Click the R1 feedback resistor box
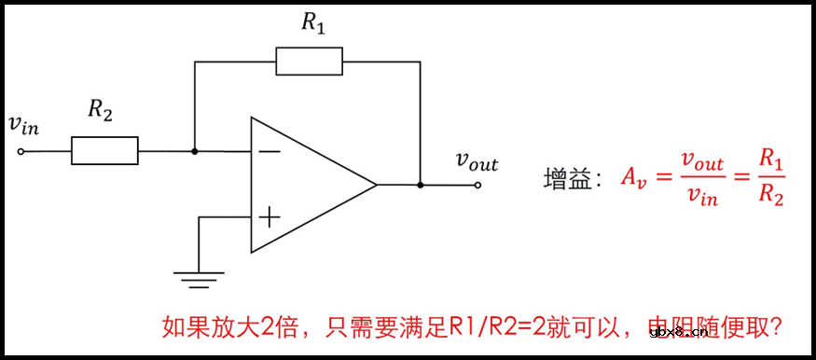tap(310, 62)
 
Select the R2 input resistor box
tap(104, 150)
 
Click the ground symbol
tap(200, 274)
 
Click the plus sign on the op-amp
tap(269, 218)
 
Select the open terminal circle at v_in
tap(21, 150)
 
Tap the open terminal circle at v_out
tap(477, 185)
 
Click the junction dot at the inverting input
tap(194, 150)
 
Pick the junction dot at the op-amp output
tap(421, 185)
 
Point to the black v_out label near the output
tap(477, 161)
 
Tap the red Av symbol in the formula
tap(634, 179)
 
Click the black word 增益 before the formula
tap(568, 180)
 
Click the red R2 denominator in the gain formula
tap(770, 197)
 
